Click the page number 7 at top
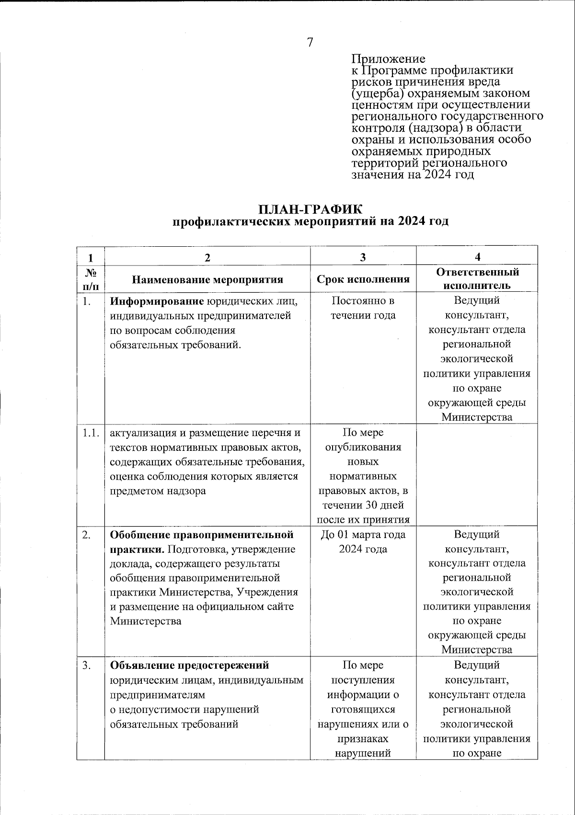310,42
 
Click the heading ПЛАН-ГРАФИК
310,209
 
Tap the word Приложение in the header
388,59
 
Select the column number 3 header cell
363,257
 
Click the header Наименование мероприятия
207,279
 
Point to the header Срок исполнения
363,279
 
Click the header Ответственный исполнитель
477,279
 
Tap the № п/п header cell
91,279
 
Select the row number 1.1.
90,433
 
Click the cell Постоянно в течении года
363,308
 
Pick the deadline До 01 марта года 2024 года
363,541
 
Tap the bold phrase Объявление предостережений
189,666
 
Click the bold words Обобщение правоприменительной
202,534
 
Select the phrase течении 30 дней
363,505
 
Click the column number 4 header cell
477,257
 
